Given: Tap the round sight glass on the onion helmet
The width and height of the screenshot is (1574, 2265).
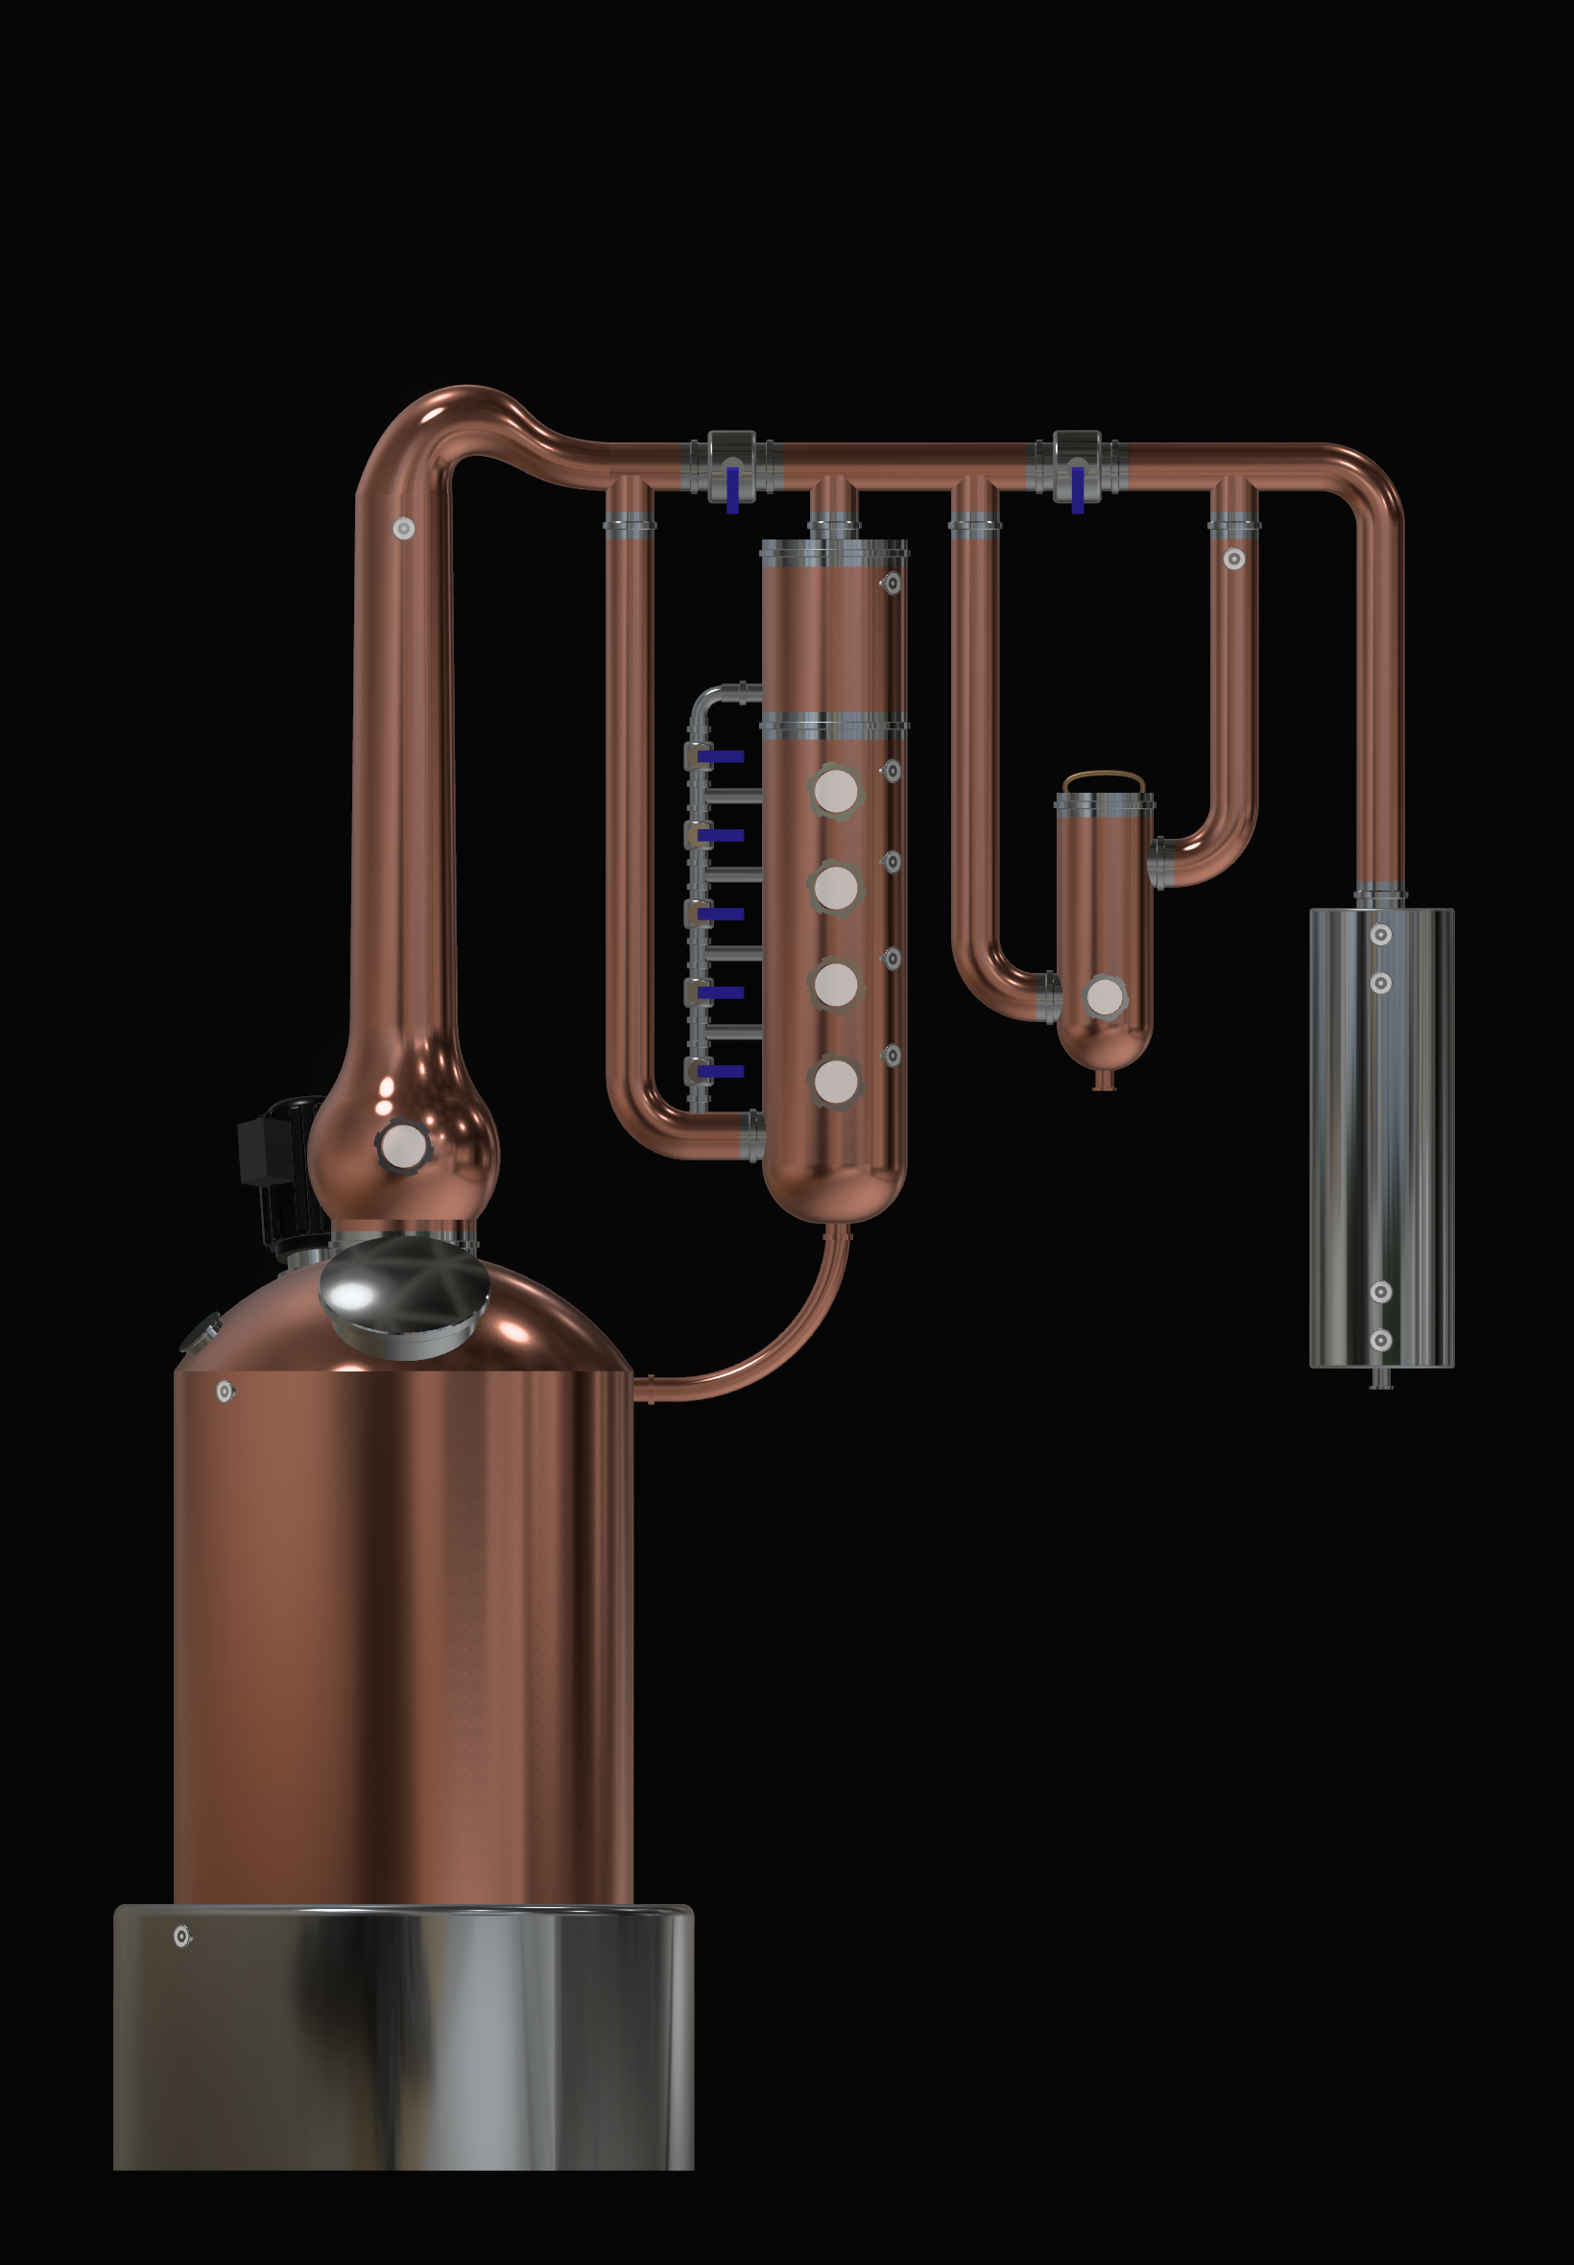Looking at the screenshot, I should pyautogui.click(x=402, y=1146).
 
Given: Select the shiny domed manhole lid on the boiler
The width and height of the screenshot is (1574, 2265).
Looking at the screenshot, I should pyautogui.click(x=403, y=1293).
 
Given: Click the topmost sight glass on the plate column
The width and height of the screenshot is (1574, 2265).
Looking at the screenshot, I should pyautogui.click(x=835, y=790).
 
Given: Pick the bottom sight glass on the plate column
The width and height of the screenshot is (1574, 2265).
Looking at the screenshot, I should pyautogui.click(x=835, y=1081).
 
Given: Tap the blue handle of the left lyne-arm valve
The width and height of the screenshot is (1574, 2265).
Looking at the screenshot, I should pyautogui.click(x=732, y=490).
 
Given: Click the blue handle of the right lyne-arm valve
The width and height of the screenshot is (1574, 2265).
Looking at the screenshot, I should pyautogui.click(x=1078, y=490).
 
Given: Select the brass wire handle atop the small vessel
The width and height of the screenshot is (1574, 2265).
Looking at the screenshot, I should pyautogui.click(x=1104, y=780).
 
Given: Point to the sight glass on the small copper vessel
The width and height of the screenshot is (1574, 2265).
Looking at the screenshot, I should pyautogui.click(x=1105, y=997).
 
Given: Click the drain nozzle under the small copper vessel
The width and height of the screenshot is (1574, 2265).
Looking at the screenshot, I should pyautogui.click(x=1105, y=1082).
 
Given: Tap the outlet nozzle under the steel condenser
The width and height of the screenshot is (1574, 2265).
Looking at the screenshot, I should pyautogui.click(x=1381, y=1379).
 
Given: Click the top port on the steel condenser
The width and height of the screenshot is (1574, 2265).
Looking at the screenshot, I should pyautogui.click(x=1381, y=934).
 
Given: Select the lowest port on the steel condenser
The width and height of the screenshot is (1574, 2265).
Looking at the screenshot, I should pyautogui.click(x=1381, y=1340).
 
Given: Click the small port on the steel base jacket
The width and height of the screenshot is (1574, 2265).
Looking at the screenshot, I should pyautogui.click(x=182, y=1937).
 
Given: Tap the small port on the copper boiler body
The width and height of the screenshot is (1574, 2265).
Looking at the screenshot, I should pyautogui.click(x=225, y=1392).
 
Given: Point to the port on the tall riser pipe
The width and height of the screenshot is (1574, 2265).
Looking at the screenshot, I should pyautogui.click(x=403, y=529).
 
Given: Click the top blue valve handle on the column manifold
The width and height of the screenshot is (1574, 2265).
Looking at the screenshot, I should pyautogui.click(x=720, y=756).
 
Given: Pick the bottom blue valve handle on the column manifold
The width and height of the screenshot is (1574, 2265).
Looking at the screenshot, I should pyautogui.click(x=720, y=1071).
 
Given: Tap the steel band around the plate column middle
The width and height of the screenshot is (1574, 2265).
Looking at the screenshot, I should pyautogui.click(x=834, y=726).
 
